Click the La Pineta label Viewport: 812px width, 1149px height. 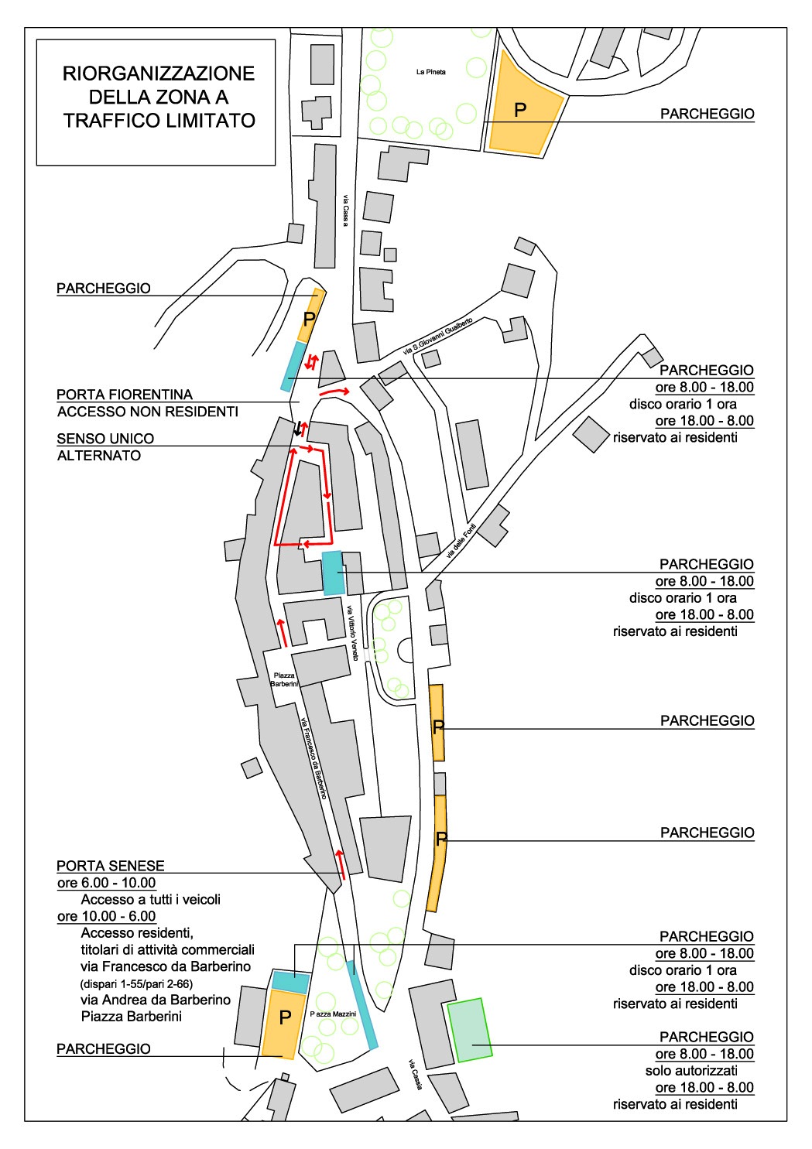[x=430, y=72]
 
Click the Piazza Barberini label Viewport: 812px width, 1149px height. [x=284, y=679]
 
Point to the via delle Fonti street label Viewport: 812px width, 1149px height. [x=461, y=541]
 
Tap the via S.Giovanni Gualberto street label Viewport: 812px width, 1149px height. [x=438, y=336]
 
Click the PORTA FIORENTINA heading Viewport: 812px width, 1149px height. [x=125, y=395]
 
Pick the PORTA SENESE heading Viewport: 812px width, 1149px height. [x=111, y=866]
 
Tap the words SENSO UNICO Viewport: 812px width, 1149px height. [x=105, y=439]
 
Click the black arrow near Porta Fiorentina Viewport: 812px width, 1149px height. [x=297, y=429]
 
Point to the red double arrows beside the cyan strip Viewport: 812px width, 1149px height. [x=311, y=361]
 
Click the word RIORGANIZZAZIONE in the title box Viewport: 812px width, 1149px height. [x=159, y=74]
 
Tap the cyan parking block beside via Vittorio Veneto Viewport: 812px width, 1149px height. [x=333, y=573]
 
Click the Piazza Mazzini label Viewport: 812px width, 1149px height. [x=333, y=1014]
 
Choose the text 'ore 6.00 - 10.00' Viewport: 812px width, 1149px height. [x=106, y=883]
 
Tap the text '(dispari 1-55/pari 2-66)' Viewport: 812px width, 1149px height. [x=136, y=984]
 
